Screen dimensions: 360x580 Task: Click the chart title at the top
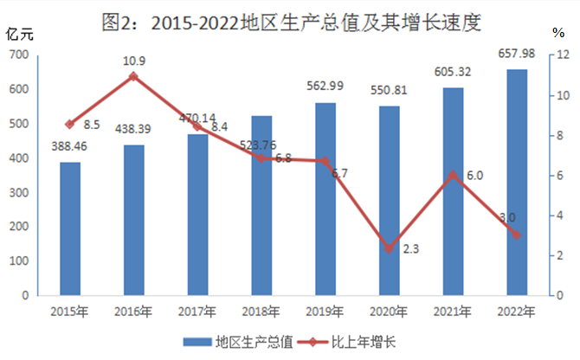290,22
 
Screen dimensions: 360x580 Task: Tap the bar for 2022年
516,182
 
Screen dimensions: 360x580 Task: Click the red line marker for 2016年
134,76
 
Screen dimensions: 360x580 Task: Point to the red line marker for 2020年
390,248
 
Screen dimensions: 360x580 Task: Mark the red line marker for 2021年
453,175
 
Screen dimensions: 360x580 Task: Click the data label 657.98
516,54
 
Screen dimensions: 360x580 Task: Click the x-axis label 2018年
262,310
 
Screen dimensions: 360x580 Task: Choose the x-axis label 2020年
390,310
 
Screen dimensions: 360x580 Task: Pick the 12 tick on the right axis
562,55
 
